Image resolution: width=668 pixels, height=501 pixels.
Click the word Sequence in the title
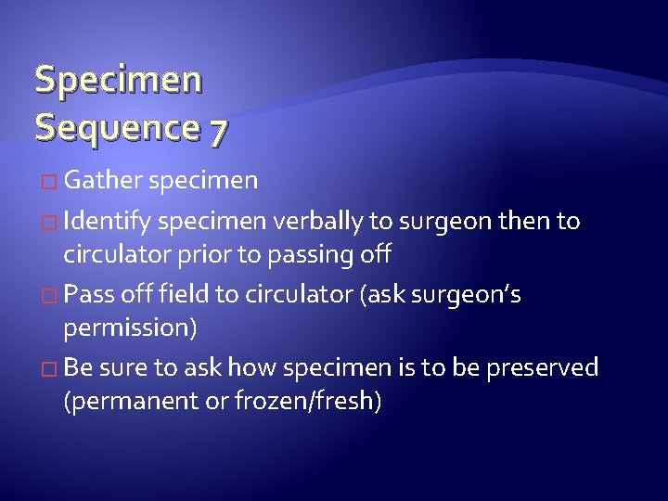(116, 127)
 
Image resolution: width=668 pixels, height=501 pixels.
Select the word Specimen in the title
(118, 80)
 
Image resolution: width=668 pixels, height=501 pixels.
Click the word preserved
(542, 368)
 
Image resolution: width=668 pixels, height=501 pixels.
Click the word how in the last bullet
(252, 368)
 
